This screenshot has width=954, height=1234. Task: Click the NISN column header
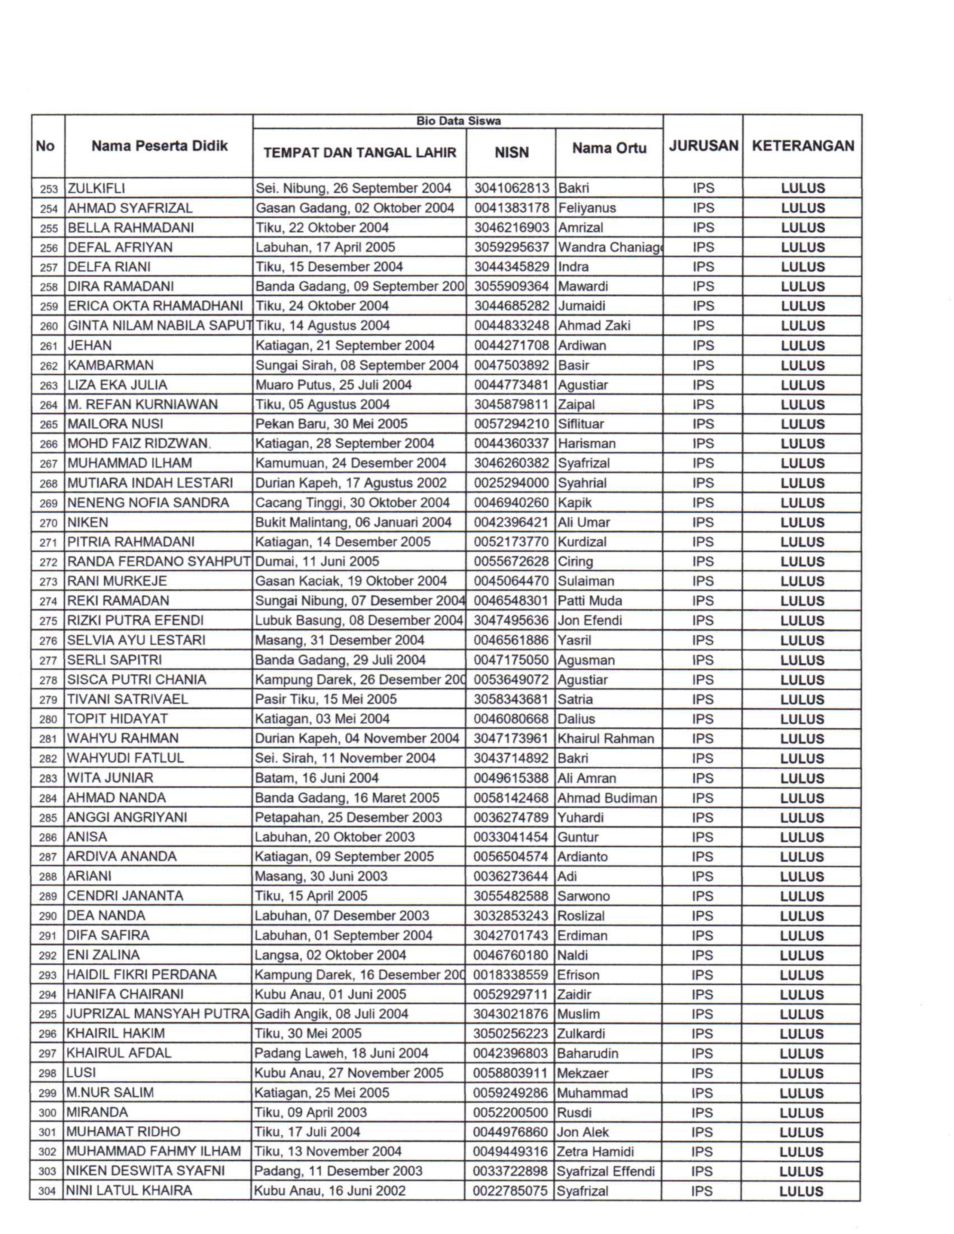click(511, 153)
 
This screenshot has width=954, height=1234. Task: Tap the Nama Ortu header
click(609, 148)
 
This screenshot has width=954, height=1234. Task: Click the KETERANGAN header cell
click(802, 146)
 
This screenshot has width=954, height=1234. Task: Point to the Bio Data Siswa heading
click(458, 121)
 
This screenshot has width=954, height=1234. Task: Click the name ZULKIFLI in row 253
click(97, 188)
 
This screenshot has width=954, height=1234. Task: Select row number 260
click(49, 326)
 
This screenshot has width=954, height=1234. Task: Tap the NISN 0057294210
click(511, 424)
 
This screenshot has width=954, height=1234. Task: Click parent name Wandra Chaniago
click(609, 248)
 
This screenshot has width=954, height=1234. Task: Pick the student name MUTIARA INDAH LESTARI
click(150, 482)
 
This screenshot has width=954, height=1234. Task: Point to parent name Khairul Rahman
click(605, 739)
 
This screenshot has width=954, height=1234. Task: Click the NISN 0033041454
click(510, 837)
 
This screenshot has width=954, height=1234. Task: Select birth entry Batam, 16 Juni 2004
click(317, 778)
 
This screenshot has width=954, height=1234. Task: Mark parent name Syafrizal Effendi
click(605, 1171)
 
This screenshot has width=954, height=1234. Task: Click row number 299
click(48, 1093)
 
